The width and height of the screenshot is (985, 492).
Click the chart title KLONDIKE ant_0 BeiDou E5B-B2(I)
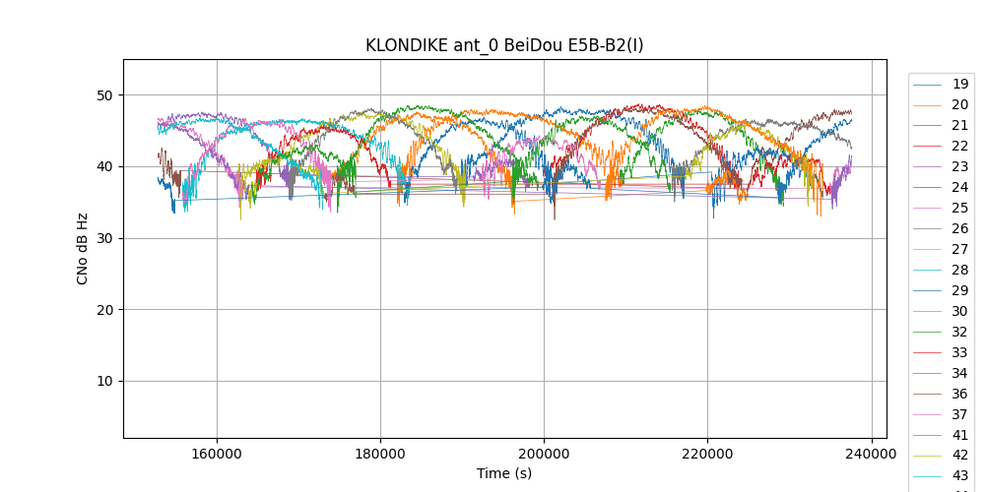(x=504, y=45)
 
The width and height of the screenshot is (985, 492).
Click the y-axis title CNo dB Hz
(x=83, y=248)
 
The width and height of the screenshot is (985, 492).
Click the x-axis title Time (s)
(x=504, y=473)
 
